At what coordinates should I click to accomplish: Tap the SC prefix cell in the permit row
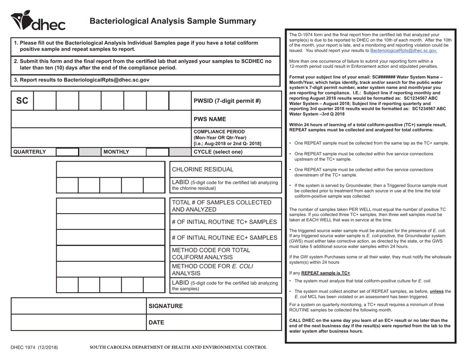point(22,87)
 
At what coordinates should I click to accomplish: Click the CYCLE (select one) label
point(219,152)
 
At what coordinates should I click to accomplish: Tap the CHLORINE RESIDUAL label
point(203,169)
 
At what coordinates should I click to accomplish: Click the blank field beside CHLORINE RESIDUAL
point(111,169)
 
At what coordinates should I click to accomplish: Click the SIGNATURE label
point(166,306)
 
